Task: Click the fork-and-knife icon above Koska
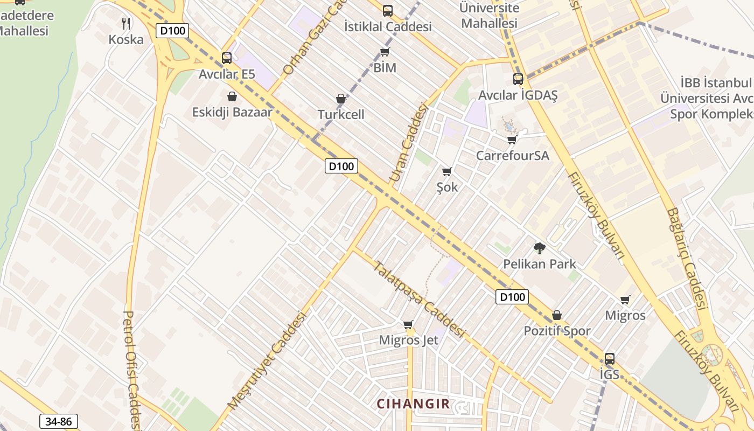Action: tap(126, 23)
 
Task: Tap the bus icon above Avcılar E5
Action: tap(227, 58)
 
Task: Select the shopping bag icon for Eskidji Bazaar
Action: tap(232, 96)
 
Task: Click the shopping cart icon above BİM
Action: tap(385, 52)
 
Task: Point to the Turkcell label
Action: tap(341, 114)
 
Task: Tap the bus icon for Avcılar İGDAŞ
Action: tap(518, 79)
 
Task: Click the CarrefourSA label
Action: tap(512, 156)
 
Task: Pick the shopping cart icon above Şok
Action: tap(446, 171)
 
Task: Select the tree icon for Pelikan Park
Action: tap(539, 248)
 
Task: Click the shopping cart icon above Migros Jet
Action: tap(408, 324)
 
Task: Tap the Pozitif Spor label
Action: tap(557, 331)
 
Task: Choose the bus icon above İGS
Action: tap(610, 359)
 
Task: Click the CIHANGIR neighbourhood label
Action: tap(413, 404)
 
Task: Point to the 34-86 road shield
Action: tap(59, 421)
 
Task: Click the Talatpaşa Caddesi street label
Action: tap(419, 300)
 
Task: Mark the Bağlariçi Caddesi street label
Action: tap(687, 259)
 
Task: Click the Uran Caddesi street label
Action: tap(408, 143)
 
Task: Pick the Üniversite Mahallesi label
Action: tap(490, 16)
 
